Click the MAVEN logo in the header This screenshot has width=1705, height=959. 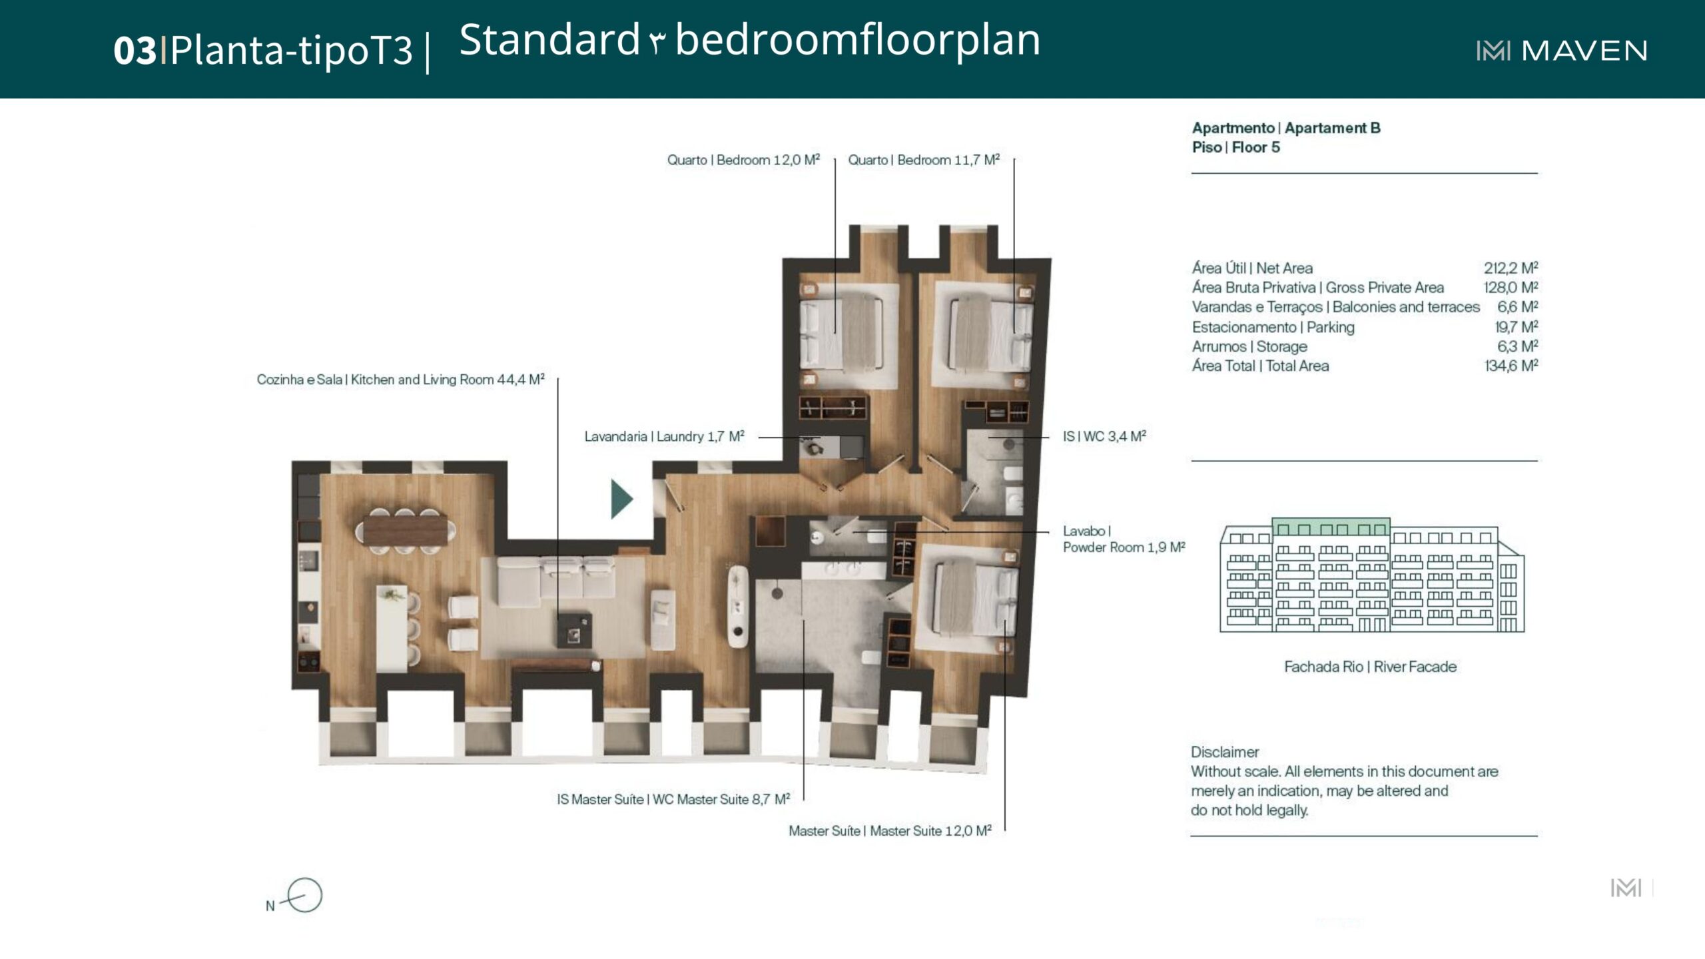click(1562, 51)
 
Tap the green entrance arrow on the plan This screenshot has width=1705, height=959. click(621, 499)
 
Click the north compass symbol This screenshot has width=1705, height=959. click(303, 895)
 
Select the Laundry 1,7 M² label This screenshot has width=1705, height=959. click(664, 436)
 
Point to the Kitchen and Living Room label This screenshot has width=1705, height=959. click(400, 380)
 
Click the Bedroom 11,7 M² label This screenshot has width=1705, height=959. click(924, 160)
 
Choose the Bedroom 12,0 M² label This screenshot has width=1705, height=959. click(743, 160)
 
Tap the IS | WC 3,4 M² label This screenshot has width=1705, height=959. click(1104, 436)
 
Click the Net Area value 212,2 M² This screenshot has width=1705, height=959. click(1511, 268)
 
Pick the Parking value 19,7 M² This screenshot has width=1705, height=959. click(1516, 326)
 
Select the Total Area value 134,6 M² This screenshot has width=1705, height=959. click(1511, 366)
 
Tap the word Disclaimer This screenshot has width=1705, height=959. click(1225, 752)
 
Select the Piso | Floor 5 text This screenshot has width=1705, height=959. click(1236, 147)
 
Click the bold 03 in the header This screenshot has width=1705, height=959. click(135, 50)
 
